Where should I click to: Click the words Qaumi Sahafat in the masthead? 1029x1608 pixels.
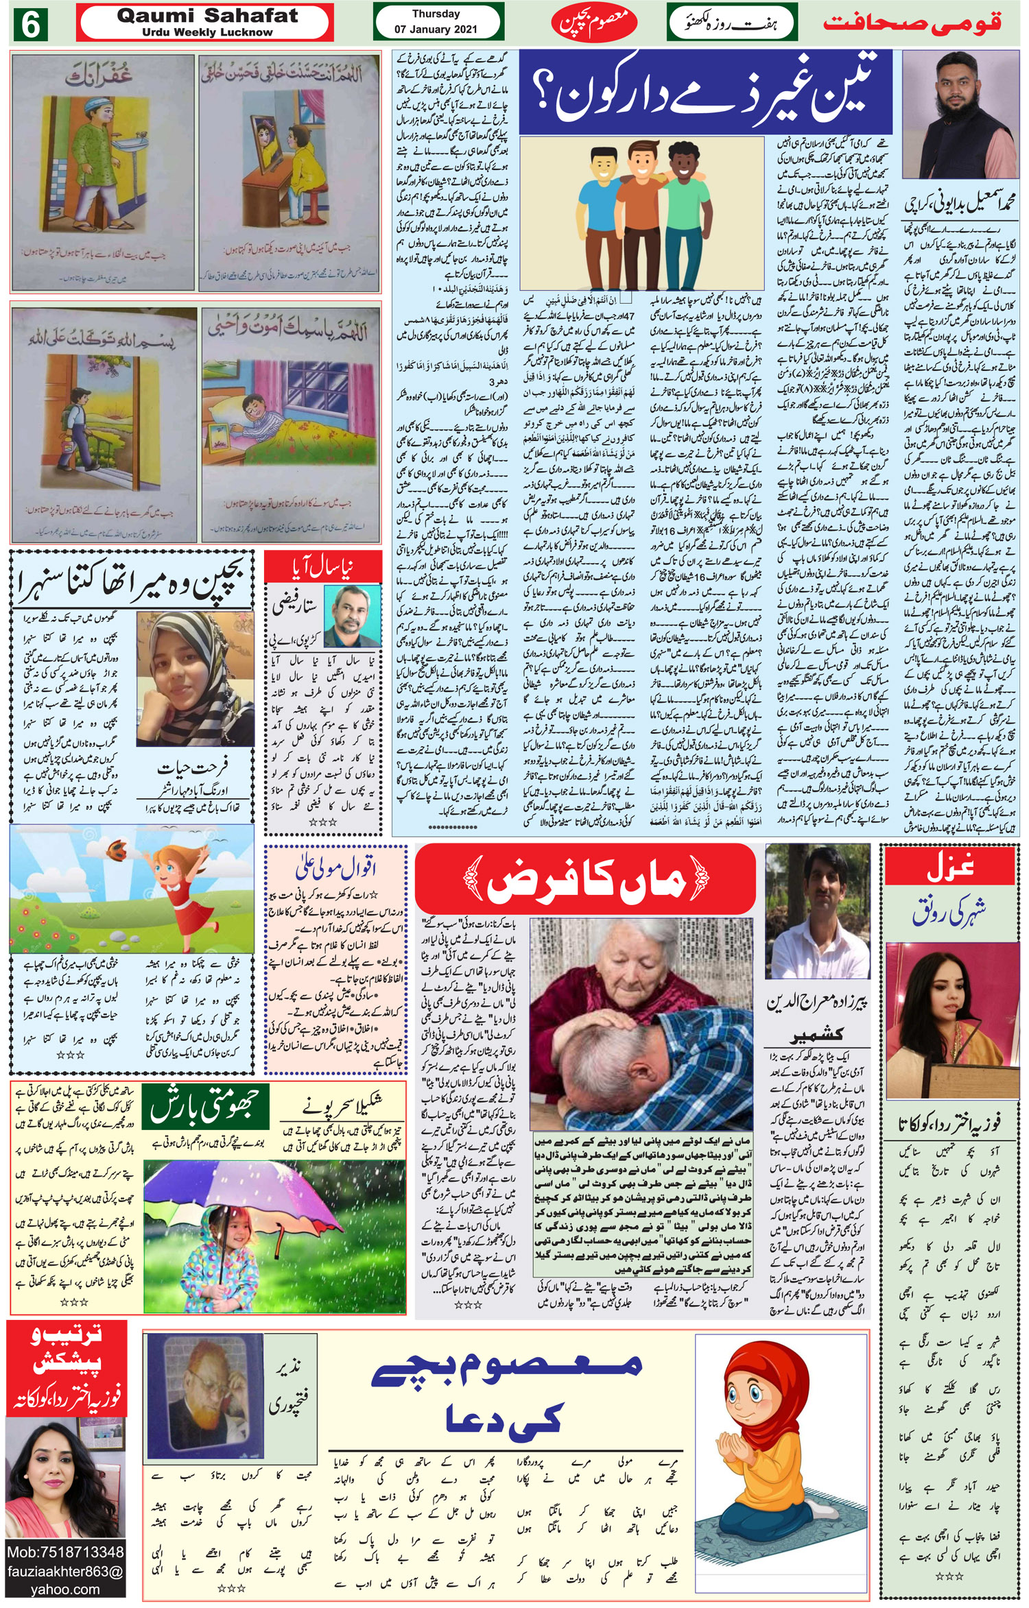207,16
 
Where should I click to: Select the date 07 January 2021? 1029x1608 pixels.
436,29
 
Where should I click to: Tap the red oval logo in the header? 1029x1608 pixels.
593,23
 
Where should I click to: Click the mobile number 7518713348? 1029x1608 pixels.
65,1552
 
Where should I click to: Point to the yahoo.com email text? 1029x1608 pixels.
65,1589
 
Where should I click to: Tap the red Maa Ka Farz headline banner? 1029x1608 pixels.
585,880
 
